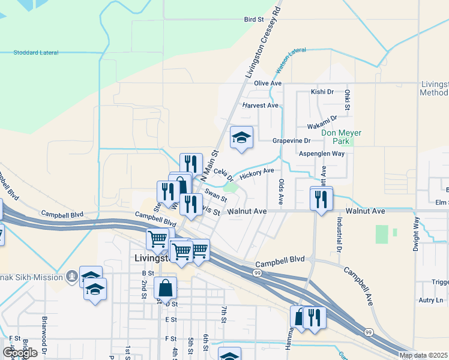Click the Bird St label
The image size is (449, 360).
[x=254, y=20]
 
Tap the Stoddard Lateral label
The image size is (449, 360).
[x=36, y=53]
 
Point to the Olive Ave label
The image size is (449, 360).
[x=268, y=83]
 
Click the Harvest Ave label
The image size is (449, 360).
[x=261, y=105]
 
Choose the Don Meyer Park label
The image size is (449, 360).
[x=336, y=137]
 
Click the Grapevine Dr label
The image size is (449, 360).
[x=291, y=140]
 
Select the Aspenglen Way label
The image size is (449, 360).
[x=322, y=154]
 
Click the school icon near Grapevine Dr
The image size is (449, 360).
[x=241, y=137]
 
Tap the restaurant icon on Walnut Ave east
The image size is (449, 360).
[x=321, y=198]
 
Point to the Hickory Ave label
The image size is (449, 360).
[x=256, y=173]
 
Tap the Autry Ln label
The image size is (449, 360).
[x=431, y=300]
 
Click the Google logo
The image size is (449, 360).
[x=20, y=352]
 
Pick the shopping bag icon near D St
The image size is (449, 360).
[x=165, y=289]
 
